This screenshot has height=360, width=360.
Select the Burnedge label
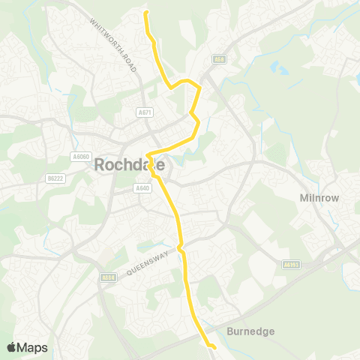(250, 331)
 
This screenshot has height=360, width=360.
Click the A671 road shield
(145, 112)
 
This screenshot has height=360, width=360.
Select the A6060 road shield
(81, 156)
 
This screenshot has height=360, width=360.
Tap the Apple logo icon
(12, 347)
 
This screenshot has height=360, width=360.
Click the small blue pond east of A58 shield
(279, 70)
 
